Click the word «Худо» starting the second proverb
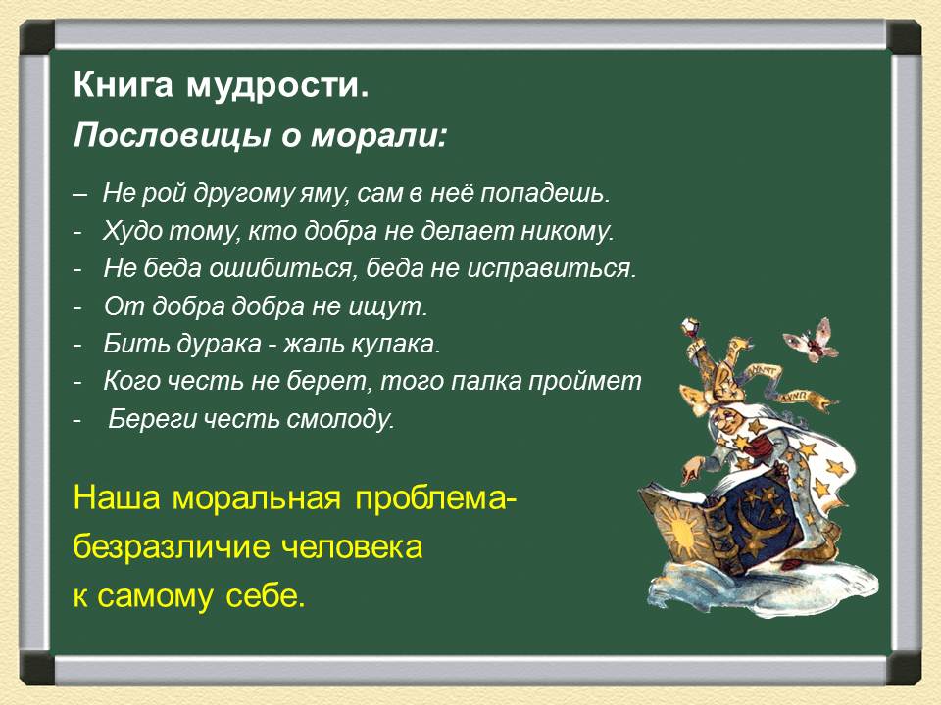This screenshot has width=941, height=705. (x=129, y=232)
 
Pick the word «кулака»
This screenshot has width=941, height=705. (x=394, y=345)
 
